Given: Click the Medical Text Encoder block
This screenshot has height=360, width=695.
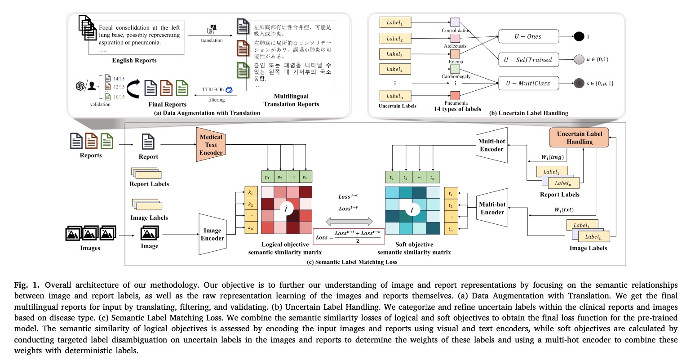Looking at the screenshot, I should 211,145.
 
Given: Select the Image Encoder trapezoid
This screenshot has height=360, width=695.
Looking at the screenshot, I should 212,234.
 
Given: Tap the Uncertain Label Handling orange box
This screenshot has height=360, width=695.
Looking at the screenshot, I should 579,138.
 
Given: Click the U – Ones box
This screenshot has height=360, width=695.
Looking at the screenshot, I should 528,36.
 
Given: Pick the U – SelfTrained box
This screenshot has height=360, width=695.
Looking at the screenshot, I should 528,60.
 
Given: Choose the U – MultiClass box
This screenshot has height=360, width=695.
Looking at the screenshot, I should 528,83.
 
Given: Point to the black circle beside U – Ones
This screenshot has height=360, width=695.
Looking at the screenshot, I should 579,36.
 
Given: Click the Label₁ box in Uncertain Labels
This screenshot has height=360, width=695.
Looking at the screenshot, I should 395,22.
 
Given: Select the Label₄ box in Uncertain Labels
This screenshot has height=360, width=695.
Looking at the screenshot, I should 395,69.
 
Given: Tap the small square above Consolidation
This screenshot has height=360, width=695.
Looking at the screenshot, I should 455,22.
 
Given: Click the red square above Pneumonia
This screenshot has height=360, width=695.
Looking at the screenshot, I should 455,95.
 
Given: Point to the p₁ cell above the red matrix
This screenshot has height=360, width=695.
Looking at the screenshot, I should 267,177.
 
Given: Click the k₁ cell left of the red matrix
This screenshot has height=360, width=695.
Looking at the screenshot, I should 250,192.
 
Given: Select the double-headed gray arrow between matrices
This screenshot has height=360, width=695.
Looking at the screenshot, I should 349,221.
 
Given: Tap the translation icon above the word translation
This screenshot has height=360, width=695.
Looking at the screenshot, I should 212,29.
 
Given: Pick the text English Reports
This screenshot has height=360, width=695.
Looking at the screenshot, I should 134,61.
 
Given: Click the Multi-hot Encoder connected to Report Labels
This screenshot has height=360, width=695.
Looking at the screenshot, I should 491,145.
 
